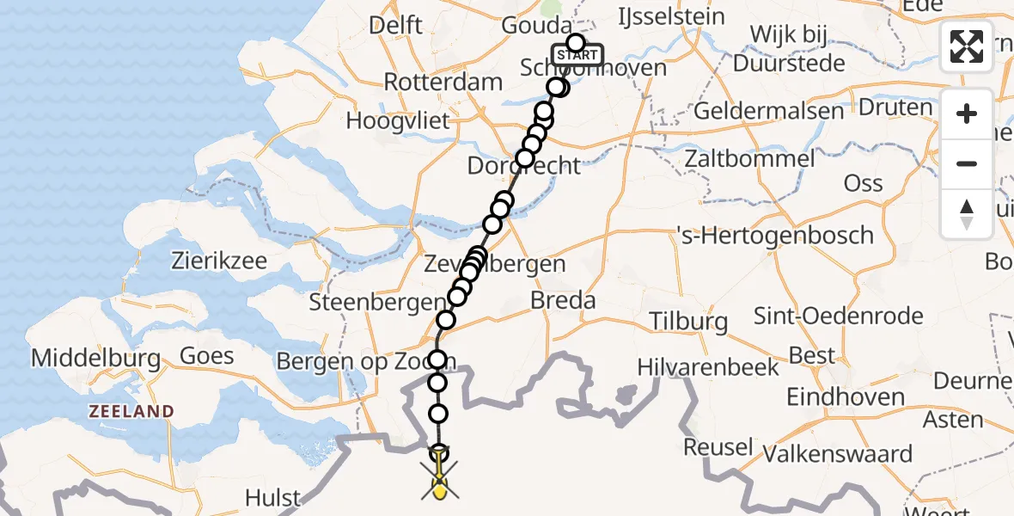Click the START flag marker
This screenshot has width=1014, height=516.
[576, 55]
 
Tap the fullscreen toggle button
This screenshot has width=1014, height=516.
[967, 46]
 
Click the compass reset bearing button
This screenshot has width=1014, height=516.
[967, 214]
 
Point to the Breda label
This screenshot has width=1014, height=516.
[563, 301]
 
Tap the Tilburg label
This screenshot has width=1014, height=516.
[688, 322]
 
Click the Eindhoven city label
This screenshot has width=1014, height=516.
[846, 397]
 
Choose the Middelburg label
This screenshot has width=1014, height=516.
[95, 357]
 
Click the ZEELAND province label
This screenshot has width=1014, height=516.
[131, 412]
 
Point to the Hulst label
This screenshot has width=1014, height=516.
[273, 497]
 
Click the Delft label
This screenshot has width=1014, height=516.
[395, 25]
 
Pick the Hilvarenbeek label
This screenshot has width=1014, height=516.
[708, 367]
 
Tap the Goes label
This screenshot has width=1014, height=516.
[206, 355]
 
